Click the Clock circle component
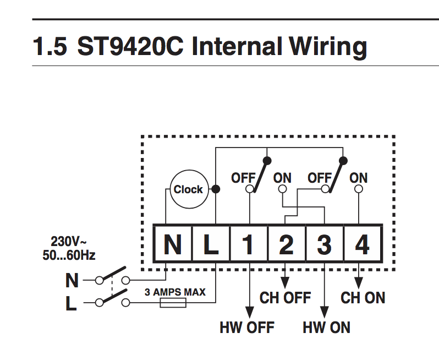(188, 189)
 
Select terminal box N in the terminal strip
(172, 243)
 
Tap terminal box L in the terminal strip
(211, 243)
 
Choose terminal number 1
(249, 243)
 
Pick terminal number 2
(287, 243)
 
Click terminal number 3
(325, 243)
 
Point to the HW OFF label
(246, 328)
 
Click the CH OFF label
(286, 298)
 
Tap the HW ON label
(326, 328)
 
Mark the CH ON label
(363, 298)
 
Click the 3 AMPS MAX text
(175, 292)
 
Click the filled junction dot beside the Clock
(216, 189)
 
